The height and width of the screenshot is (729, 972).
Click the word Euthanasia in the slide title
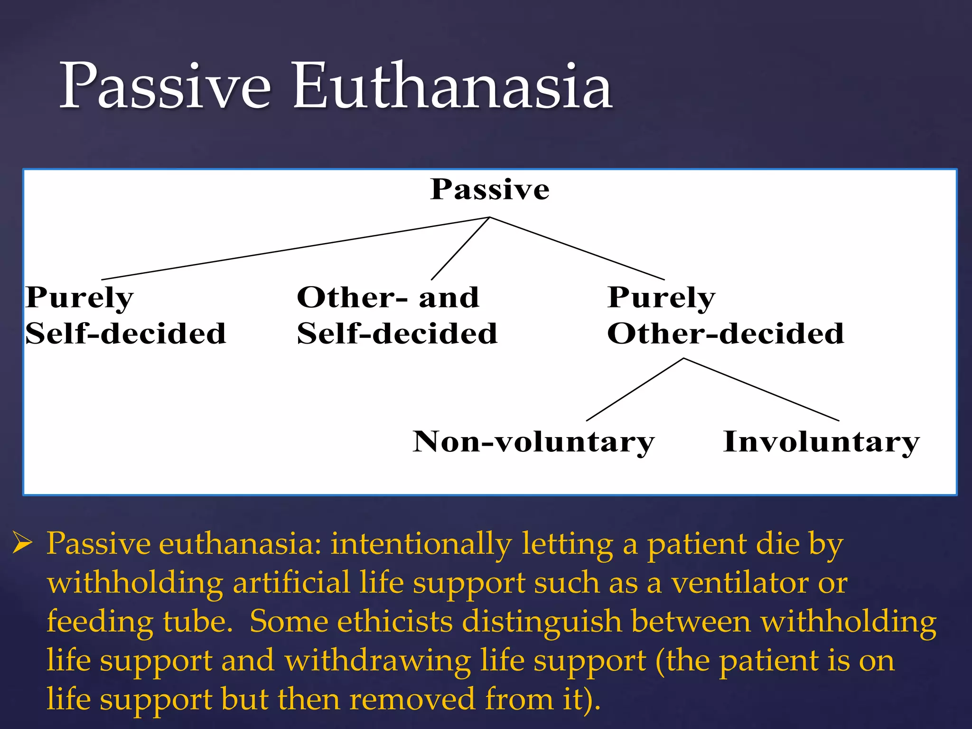453,87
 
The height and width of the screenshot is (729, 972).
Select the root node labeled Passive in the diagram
490,190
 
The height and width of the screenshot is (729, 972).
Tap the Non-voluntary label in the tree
533,442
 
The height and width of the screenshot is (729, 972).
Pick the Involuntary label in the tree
821,442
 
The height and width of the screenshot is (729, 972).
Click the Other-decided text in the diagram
726,333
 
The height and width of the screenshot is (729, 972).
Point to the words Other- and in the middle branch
388,298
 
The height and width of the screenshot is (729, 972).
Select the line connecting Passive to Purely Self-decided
295,248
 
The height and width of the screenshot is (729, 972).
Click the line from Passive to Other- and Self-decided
460,249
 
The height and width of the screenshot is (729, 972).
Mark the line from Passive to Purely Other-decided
577,248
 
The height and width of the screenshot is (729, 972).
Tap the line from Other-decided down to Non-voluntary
635,389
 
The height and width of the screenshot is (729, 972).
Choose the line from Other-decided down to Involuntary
761,389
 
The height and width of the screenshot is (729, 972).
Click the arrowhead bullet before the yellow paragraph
22,543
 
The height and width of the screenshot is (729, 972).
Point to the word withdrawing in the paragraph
378,660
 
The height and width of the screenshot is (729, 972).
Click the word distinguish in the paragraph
542,621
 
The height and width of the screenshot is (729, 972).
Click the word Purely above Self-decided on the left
80,298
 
